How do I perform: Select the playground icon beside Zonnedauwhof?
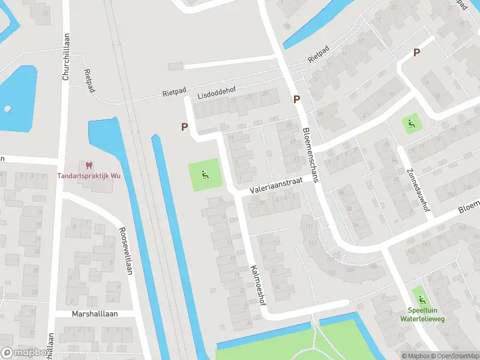(x=411, y=125)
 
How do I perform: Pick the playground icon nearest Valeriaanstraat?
(x=205, y=176)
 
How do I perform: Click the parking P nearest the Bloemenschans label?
(x=296, y=100)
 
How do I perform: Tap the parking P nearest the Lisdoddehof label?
(x=185, y=127)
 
